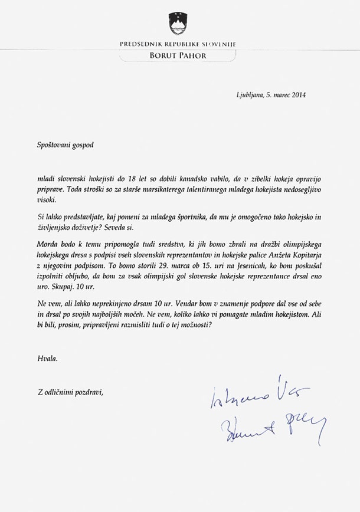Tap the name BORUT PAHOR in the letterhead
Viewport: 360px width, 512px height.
coord(178,56)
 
